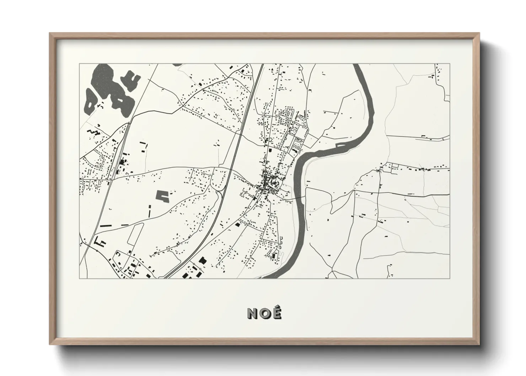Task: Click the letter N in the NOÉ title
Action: click(x=253, y=313)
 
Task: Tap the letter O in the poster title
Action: click(x=264, y=313)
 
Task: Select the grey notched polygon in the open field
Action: click(x=162, y=196)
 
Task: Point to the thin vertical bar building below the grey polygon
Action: click(x=150, y=211)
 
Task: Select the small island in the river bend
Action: click(x=340, y=145)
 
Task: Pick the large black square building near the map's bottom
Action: click(x=203, y=260)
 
